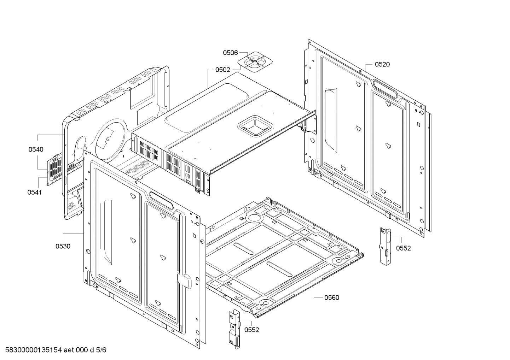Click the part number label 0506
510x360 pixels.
coord(230,53)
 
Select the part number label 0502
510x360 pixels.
coord(222,70)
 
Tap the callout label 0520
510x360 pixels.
coord(382,64)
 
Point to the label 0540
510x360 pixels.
coord(36,149)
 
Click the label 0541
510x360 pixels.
coord(34,193)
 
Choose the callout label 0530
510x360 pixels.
coord(63,246)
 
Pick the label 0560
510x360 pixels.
coord(331,297)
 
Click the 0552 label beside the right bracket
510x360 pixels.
coord(403,248)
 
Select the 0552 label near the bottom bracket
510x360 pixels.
coord(251,330)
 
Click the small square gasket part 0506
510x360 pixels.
coord(255,62)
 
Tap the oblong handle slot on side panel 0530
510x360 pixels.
coord(161,200)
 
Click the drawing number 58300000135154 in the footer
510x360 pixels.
coord(31,350)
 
